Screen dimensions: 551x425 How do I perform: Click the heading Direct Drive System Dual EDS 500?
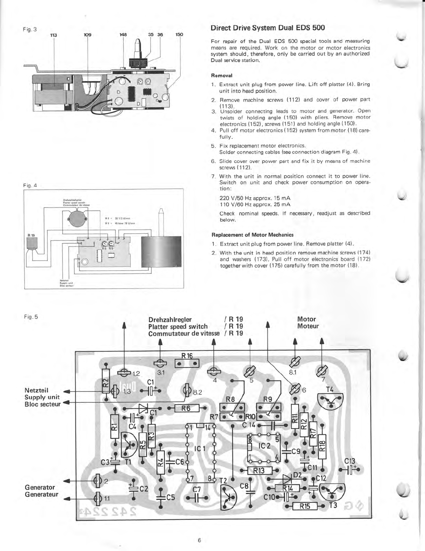(267, 28)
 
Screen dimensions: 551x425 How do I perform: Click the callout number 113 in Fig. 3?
(53, 35)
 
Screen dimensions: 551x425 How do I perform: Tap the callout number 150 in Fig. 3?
(179, 35)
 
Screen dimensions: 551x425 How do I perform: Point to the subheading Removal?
(221, 75)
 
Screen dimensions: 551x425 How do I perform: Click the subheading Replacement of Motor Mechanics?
(252, 235)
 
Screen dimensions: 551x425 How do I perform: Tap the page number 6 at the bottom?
(199, 540)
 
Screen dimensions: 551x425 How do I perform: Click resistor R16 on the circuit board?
(187, 363)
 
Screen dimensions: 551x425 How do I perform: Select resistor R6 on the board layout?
(186, 408)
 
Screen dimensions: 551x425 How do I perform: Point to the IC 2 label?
(264, 446)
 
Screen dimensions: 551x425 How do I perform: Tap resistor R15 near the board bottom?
(305, 506)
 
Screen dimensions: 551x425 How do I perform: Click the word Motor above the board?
(306, 319)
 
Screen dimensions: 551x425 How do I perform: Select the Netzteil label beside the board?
(36, 390)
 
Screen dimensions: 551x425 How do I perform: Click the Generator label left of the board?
(40, 487)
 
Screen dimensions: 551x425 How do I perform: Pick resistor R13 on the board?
(259, 470)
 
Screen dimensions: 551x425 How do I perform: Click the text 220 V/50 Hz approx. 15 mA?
(254, 198)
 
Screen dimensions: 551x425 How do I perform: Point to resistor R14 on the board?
(287, 488)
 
